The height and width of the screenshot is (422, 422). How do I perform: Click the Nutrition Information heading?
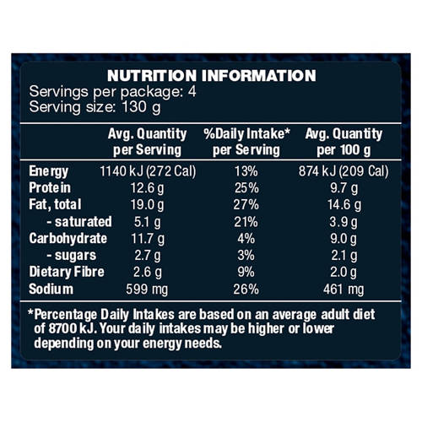pos(212,76)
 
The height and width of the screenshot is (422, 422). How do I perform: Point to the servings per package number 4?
pos(192,92)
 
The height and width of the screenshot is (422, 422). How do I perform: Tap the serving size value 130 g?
pos(141,108)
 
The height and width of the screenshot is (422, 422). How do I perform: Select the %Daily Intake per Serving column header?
pos(246,142)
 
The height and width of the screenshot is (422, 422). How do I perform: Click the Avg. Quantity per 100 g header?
pos(344,142)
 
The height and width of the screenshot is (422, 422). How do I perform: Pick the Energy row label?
pos(48,171)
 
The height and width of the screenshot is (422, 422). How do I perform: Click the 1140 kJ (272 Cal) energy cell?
pos(148,171)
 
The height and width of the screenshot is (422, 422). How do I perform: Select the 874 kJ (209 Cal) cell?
pos(344,171)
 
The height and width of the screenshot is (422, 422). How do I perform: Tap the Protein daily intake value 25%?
pos(246,188)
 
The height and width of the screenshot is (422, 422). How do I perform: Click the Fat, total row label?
pos(55,204)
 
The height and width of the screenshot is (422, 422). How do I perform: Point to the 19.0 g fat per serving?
pos(147,205)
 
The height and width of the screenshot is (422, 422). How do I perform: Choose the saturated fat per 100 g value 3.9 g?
pos(344,222)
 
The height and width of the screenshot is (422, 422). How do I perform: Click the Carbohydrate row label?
pos(68,239)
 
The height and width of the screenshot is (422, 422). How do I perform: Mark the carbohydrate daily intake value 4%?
pos(246,239)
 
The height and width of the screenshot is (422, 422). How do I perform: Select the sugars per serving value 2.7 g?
pos(148,256)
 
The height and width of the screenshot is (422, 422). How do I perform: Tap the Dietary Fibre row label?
pos(67,272)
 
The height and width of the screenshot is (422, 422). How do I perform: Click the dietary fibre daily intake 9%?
pos(246,272)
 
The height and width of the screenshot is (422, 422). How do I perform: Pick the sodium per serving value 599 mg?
pos(147,289)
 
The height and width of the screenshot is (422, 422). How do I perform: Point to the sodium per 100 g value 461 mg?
pos(344,289)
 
